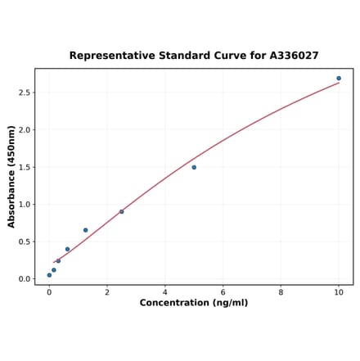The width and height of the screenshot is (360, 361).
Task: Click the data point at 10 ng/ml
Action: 339,79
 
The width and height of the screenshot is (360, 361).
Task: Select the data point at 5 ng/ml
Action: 194,167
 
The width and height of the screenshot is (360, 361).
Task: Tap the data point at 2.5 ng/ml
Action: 122,211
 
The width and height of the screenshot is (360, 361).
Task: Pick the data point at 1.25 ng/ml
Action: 85,230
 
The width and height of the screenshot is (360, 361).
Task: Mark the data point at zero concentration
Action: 49,275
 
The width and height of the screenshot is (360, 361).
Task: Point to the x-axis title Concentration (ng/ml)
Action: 194,303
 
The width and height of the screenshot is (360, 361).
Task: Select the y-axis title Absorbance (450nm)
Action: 11,176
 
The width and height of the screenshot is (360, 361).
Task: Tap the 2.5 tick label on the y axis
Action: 25,93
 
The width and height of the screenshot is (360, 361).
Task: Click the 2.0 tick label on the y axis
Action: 25,130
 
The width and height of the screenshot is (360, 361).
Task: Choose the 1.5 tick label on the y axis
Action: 25,167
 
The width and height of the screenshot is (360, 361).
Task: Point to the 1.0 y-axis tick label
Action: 25,205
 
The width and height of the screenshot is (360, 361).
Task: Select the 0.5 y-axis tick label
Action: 25,241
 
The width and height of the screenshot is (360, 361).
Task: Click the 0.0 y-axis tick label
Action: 25,279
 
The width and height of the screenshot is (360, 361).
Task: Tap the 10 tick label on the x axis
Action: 339,291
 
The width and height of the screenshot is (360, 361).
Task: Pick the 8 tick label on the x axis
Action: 281,291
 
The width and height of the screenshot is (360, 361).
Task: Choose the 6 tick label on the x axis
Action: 223,291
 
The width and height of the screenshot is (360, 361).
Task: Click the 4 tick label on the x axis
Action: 164,291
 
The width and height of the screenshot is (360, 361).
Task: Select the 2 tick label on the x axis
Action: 107,291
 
